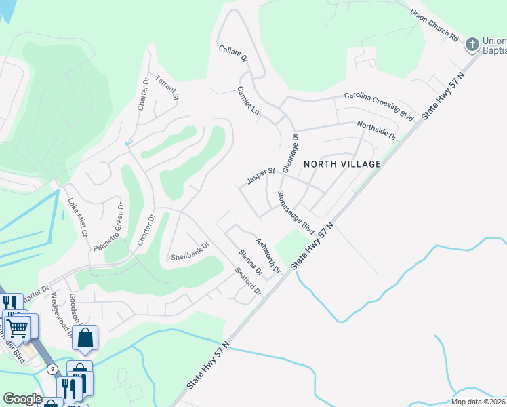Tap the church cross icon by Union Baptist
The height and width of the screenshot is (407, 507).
[472, 45]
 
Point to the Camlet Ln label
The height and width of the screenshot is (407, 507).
[249, 100]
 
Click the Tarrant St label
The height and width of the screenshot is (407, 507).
[167, 87]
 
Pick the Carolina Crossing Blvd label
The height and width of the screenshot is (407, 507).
[379, 105]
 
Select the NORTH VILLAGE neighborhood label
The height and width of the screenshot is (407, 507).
[342, 164]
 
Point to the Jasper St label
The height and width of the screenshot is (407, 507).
[260, 176]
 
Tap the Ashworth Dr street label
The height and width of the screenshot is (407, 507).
[268, 255]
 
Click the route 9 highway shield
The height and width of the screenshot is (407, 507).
[52, 368]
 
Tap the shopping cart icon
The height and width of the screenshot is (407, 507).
[19, 328]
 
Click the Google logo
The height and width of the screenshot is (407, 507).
[22, 399]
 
